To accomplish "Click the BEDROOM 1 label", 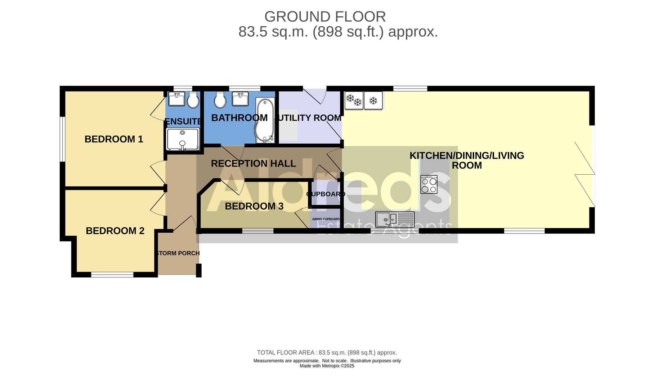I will (x=114, y=139).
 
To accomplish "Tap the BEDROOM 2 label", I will (x=115, y=231).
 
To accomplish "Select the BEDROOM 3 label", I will (x=254, y=206).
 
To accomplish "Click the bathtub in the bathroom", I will (x=265, y=121).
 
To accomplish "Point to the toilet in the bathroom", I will (x=220, y=99).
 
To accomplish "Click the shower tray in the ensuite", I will (x=183, y=139).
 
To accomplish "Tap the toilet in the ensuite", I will (x=193, y=100).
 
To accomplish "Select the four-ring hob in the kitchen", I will (x=429, y=184).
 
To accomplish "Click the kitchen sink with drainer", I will (x=395, y=219).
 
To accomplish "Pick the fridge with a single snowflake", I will (x=373, y=100).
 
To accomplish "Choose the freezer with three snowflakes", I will (x=354, y=100).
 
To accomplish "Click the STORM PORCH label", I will (x=178, y=253).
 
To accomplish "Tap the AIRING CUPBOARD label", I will (x=326, y=219).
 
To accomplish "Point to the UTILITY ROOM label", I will (x=310, y=118).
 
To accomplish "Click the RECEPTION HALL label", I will (x=253, y=164).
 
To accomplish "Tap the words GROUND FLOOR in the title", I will (x=325, y=17).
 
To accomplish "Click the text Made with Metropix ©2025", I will (x=327, y=366).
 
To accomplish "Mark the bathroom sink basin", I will (x=240, y=99).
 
